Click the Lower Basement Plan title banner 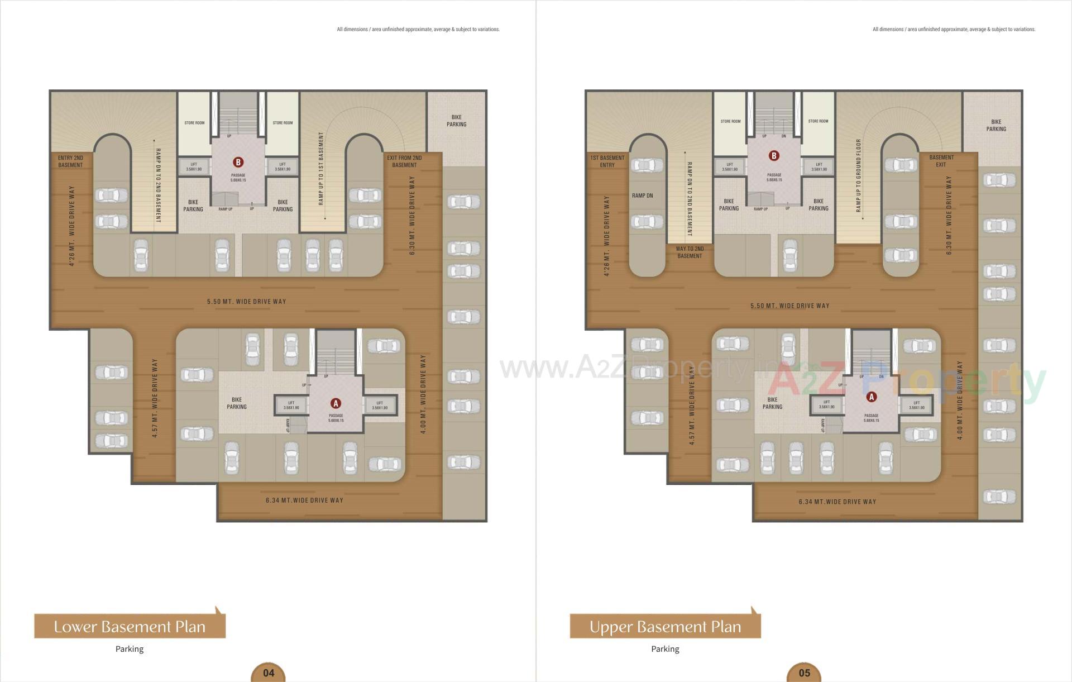click(x=130, y=627)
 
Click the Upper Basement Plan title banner click(x=665, y=627)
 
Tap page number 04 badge click(x=269, y=673)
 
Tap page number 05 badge click(x=804, y=673)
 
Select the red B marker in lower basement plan click(x=238, y=163)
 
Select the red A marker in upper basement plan click(x=871, y=397)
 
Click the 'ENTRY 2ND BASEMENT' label click(x=70, y=161)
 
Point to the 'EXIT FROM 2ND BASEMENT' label click(x=404, y=161)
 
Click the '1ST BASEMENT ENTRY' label click(x=607, y=161)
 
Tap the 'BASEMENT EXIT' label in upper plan click(x=941, y=161)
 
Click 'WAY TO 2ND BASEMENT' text click(x=690, y=252)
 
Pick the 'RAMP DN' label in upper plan click(x=642, y=195)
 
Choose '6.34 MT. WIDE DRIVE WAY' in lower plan click(x=304, y=500)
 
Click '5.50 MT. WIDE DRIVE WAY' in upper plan click(x=789, y=306)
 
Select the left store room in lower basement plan click(x=194, y=123)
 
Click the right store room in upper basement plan click(x=818, y=121)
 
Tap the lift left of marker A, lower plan click(x=291, y=405)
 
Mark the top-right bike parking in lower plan click(x=456, y=121)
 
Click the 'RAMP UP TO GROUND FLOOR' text click(x=859, y=175)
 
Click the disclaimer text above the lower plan click(x=418, y=30)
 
